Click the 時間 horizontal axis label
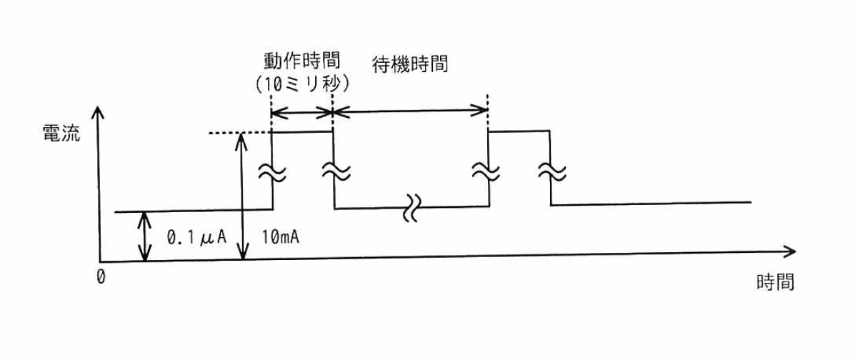(x=774, y=281)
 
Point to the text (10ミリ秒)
(x=302, y=83)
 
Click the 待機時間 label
(x=410, y=64)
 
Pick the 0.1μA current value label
(x=196, y=236)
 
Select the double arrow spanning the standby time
(x=411, y=111)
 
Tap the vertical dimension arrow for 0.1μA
(x=146, y=236)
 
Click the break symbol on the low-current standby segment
(x=412, y=207)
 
